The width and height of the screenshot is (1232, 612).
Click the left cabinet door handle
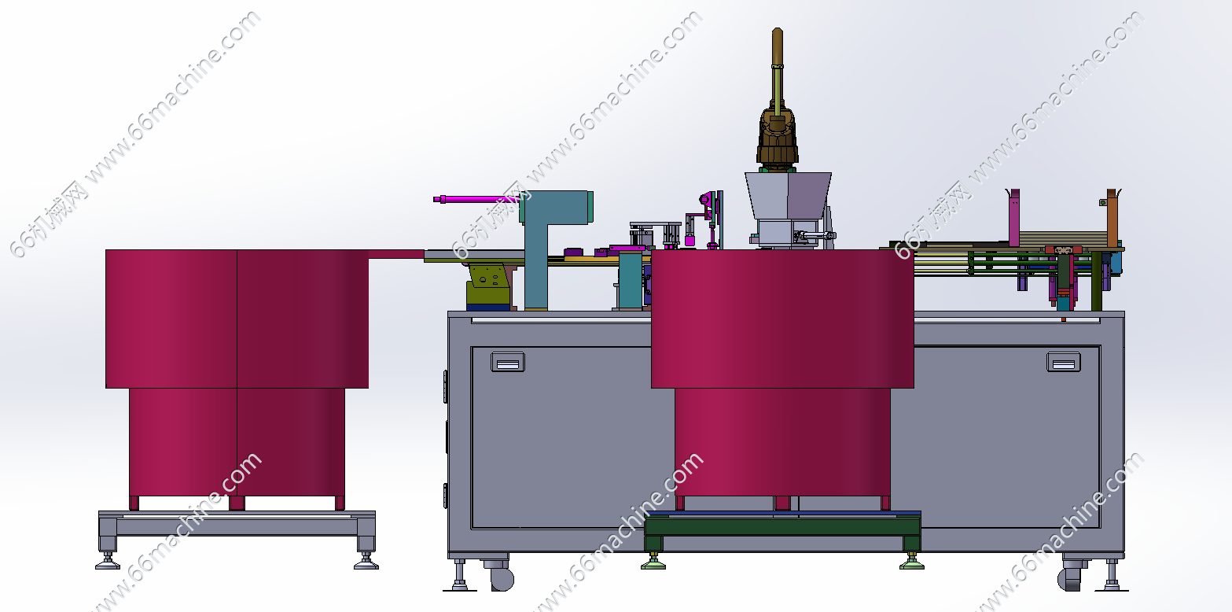tap(507, 362)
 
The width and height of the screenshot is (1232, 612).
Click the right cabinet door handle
tap(1063, 362)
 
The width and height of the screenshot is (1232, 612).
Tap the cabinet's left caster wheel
tap(501, 577)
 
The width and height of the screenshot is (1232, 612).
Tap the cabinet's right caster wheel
tap(1069, 579)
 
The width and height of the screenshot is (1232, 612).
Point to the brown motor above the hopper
tap(777, 138)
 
